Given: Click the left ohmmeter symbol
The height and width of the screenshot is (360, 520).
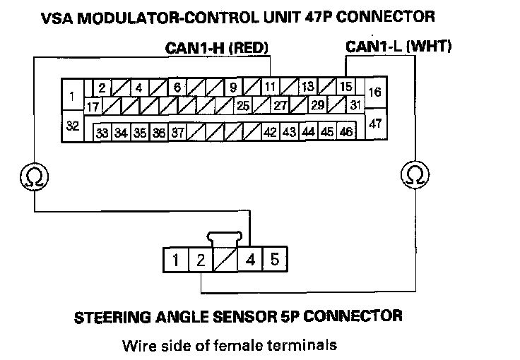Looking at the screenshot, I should pyautogui.click(x=33, y=174).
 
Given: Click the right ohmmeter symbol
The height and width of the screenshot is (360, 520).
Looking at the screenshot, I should pyautogui.click(x=415, y=174).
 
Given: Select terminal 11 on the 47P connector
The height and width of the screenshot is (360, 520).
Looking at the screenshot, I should pyautogui.click(x=271, y=88).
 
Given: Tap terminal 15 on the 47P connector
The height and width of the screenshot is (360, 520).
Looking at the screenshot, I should pyautogui.click(x=345, y=88).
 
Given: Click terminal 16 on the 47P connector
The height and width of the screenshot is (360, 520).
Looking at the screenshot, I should pyautogui.click(x=374, y=92).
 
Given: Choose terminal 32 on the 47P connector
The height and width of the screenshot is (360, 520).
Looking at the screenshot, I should pyautogui.click(x=71, y=126).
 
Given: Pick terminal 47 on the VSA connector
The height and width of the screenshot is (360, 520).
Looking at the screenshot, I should pyautogui.click(x=374, y=124).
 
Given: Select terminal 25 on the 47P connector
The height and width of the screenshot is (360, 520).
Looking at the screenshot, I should pyautogui.click(x=243, y=107).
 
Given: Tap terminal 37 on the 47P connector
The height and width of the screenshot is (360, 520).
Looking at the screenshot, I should pyautogui.click(x=177, y=132).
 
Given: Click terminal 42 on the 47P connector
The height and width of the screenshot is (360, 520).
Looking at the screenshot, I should pyautogui.click(x=270, y=132).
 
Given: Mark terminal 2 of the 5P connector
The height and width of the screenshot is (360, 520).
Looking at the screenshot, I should pyautogui.click(x=201, y=260).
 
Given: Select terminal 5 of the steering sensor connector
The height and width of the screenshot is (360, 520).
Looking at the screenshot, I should pyautogui.click(x=275, y=260).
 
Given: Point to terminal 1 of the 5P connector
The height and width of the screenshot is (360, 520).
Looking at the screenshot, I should pyautogui.click(x=175, y=260).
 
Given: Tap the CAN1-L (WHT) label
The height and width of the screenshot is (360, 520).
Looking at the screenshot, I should pyautogui.click(x=398, y=47).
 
